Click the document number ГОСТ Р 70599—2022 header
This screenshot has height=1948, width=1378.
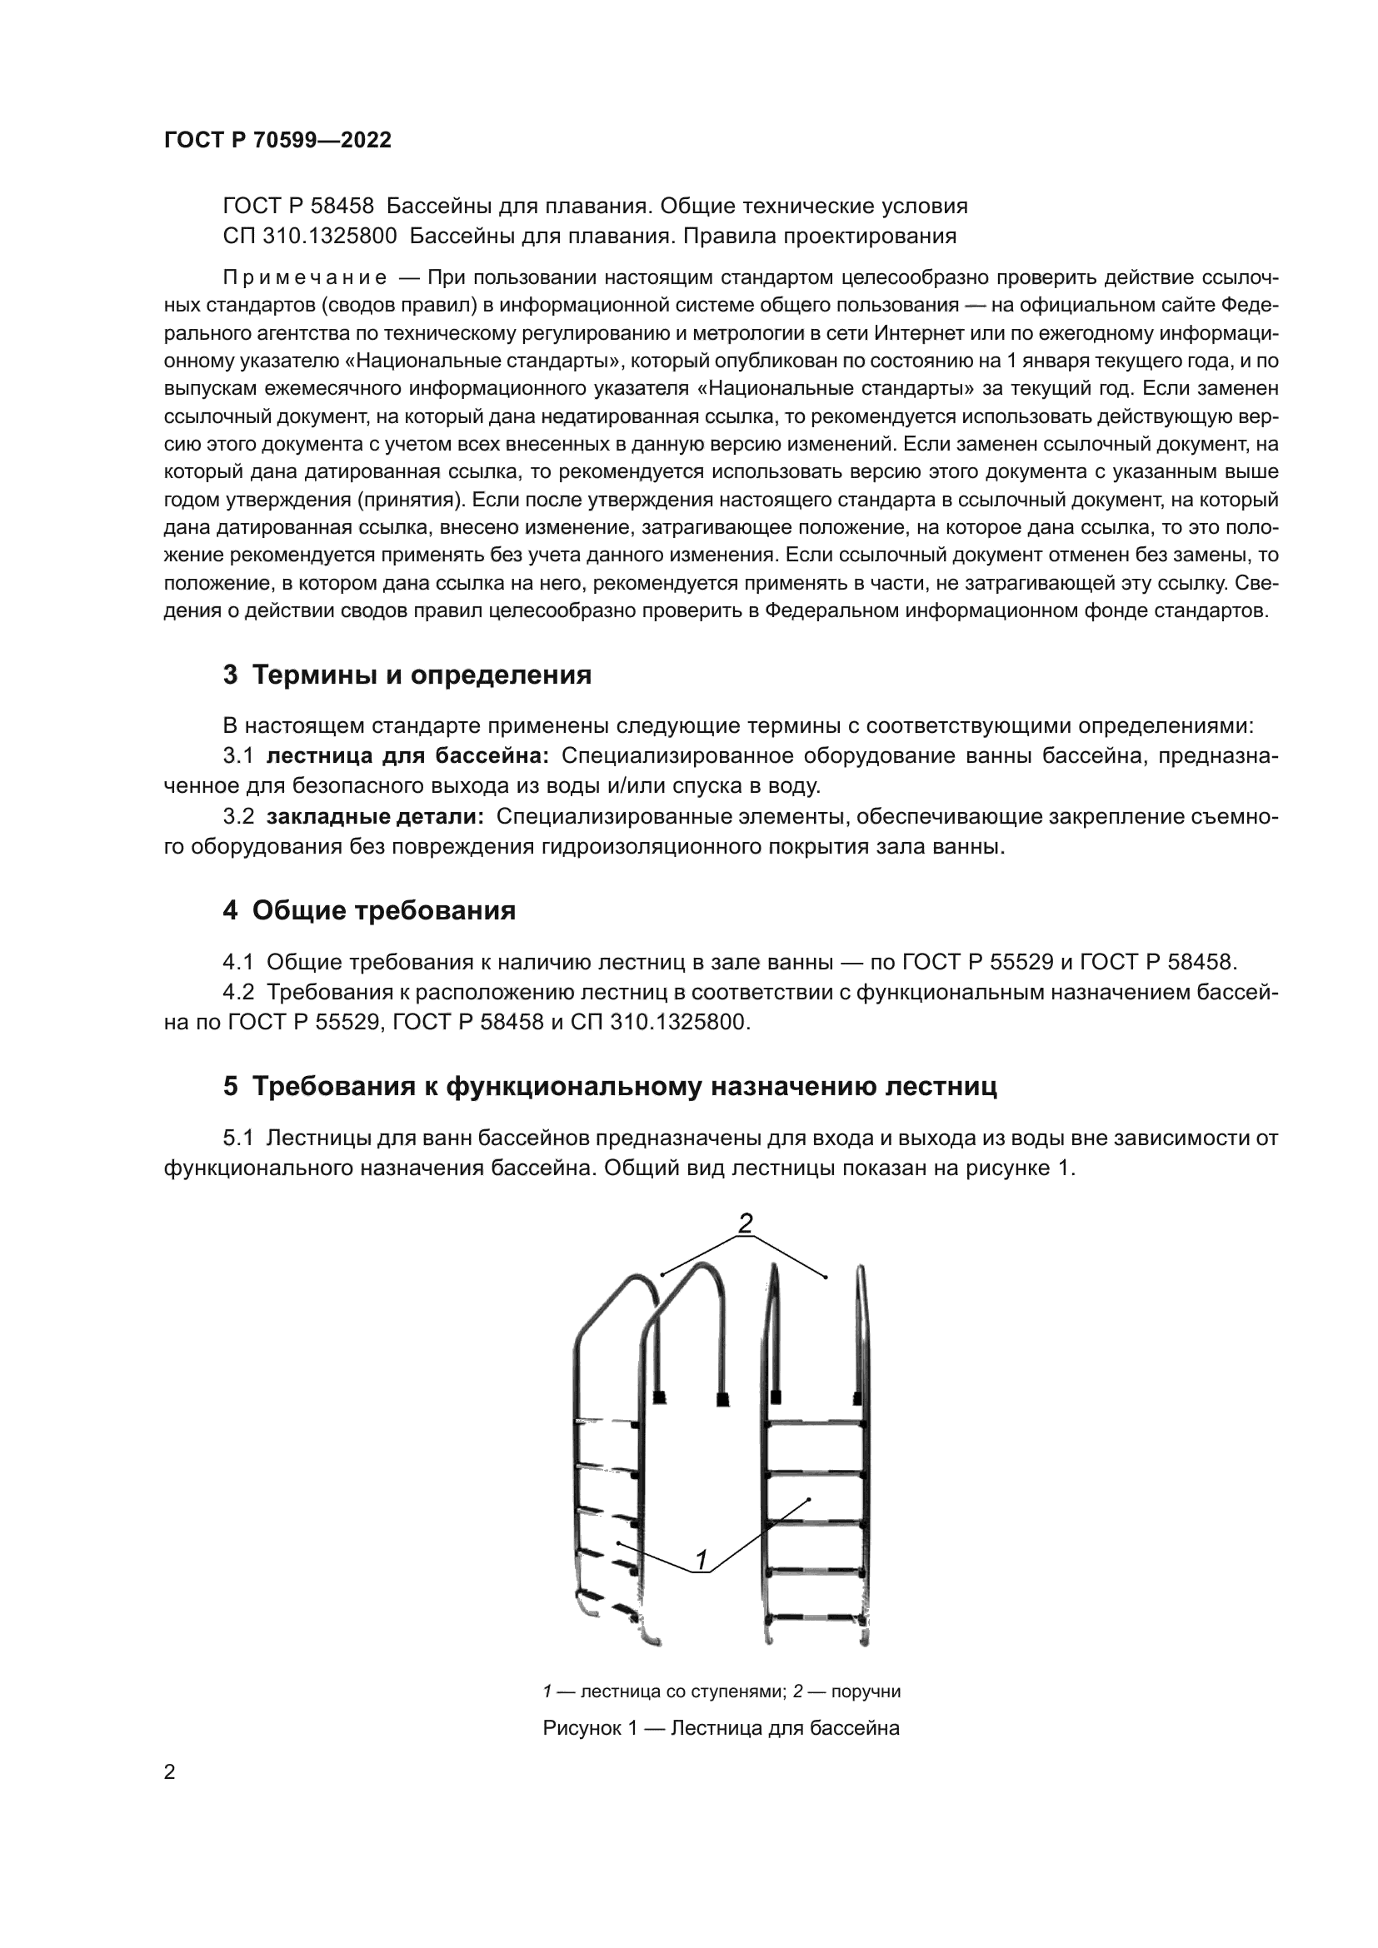click(x=277, y=141)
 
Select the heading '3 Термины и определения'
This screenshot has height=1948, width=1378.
click(x=407, y=675)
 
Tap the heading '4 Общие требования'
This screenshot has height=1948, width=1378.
click(x=369, y=910)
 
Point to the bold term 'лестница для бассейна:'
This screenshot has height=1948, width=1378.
click(x=408, y=755)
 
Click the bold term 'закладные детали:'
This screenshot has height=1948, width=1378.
click(x=375, y=816)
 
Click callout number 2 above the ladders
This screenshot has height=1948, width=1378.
click(x=745, y=1223)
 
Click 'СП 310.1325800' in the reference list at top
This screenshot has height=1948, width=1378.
click(x=310, y=236)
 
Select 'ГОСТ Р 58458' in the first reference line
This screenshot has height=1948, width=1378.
click(x=297, y=207)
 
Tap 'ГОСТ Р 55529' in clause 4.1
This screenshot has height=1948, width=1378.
click(x=976, y=962)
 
